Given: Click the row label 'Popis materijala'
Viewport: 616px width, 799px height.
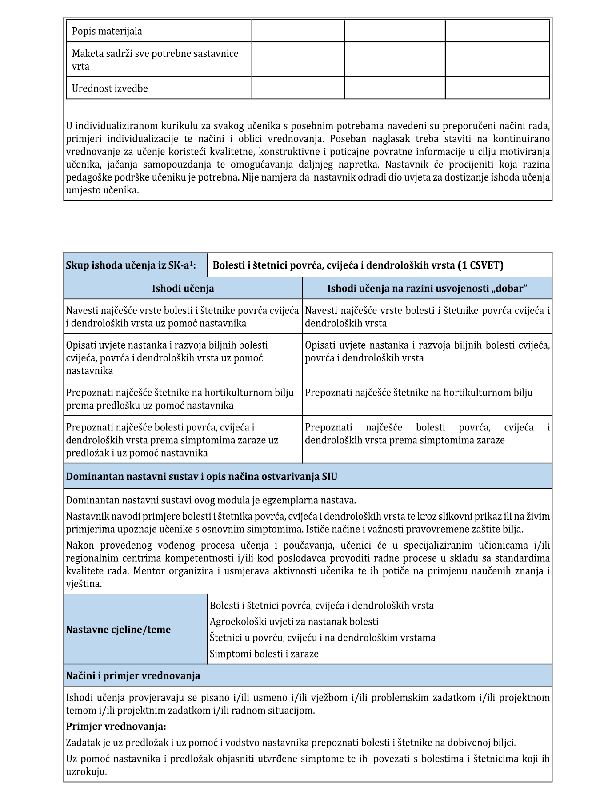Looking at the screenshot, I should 107,31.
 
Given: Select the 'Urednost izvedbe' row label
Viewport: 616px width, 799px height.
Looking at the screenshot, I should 110,88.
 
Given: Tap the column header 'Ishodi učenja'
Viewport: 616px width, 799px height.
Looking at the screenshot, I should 183,288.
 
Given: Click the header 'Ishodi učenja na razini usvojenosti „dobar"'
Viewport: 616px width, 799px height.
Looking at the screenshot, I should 427,288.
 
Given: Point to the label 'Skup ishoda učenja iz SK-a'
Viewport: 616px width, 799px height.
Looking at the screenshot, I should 131,265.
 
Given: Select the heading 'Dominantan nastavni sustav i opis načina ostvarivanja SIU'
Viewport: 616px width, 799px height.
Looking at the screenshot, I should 201,477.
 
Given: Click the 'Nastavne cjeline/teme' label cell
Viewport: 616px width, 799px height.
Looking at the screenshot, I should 118,630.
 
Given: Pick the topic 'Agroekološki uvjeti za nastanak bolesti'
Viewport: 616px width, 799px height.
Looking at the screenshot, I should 294,622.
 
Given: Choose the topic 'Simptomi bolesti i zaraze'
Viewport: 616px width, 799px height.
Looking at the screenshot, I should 264,654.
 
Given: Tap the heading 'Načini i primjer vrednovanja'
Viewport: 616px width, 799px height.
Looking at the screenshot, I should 133,676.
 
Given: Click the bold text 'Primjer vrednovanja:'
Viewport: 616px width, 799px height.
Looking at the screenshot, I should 116,727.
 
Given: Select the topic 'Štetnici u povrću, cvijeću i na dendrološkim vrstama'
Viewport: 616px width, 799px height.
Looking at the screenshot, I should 322,638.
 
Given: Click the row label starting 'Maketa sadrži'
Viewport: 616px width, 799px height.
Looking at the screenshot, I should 155,60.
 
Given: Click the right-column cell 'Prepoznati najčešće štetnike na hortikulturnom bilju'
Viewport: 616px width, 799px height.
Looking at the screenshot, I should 419,393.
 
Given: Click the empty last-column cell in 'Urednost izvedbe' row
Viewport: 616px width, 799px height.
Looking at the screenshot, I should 497,88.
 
